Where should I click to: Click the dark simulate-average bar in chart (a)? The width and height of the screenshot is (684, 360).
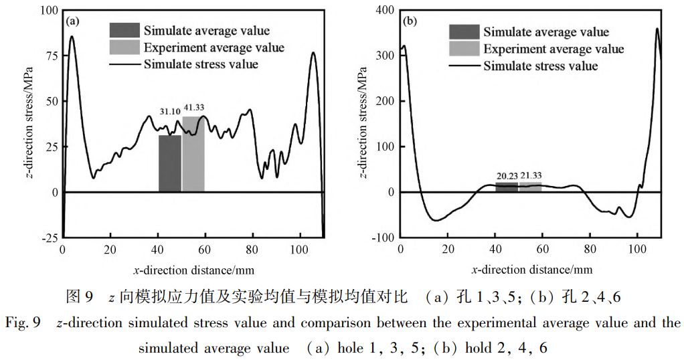[x=170, y=163]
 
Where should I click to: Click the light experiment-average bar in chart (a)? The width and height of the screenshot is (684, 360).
[x=193, y=155]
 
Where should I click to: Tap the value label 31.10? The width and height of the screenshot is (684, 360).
[x=170, y=111]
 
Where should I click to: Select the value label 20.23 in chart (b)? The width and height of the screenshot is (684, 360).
[x=507, y=177]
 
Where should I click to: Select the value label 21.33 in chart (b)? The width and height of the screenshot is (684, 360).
[x=531, y=177]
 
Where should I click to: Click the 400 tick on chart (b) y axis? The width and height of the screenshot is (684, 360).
[x=383, y=11]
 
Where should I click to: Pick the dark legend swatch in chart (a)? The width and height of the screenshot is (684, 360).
[x=125, y=30]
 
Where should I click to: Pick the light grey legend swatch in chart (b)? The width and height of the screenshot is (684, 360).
[x=464, y=48]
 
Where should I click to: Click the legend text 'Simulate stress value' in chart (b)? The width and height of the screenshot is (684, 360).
[x=540, y=66]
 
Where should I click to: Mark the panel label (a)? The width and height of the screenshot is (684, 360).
[x=72, y=21]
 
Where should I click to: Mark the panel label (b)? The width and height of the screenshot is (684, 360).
[x=410, y=21]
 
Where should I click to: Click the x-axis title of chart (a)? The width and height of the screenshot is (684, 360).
[x=193, y=270]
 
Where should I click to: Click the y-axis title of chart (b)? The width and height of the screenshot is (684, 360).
[x=362, y=124]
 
